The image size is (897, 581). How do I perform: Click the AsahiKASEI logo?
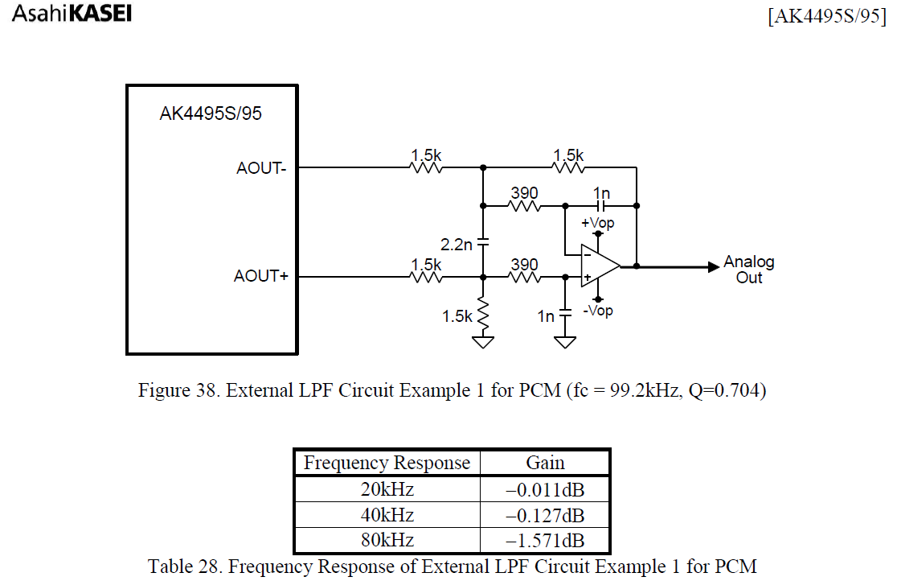pos(72,14)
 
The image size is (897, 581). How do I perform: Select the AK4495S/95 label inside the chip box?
pos(211,113)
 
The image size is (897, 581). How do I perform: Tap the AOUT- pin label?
pos(261,168)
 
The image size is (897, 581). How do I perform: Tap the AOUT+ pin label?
pos(260,276)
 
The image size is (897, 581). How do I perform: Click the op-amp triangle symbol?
pos(600,265)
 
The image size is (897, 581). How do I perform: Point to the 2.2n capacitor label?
pos(457,244)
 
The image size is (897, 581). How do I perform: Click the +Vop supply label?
pos(597,223)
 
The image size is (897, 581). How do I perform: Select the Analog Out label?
pos(748,270)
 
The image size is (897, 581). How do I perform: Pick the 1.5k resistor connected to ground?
pos(483,315)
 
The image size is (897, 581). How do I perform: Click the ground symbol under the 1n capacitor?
pos(565,342)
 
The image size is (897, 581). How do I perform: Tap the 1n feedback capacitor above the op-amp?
pos(601,205)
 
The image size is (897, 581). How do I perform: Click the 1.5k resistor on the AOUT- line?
pos(426,168)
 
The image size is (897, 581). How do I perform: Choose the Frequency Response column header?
pos(387,463)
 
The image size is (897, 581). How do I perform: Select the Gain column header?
pos(545,463)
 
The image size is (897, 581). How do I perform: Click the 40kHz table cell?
pos(387,514)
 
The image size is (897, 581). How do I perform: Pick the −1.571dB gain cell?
pos(545,540)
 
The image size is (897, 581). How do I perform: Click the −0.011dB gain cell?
pos(545,488)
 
